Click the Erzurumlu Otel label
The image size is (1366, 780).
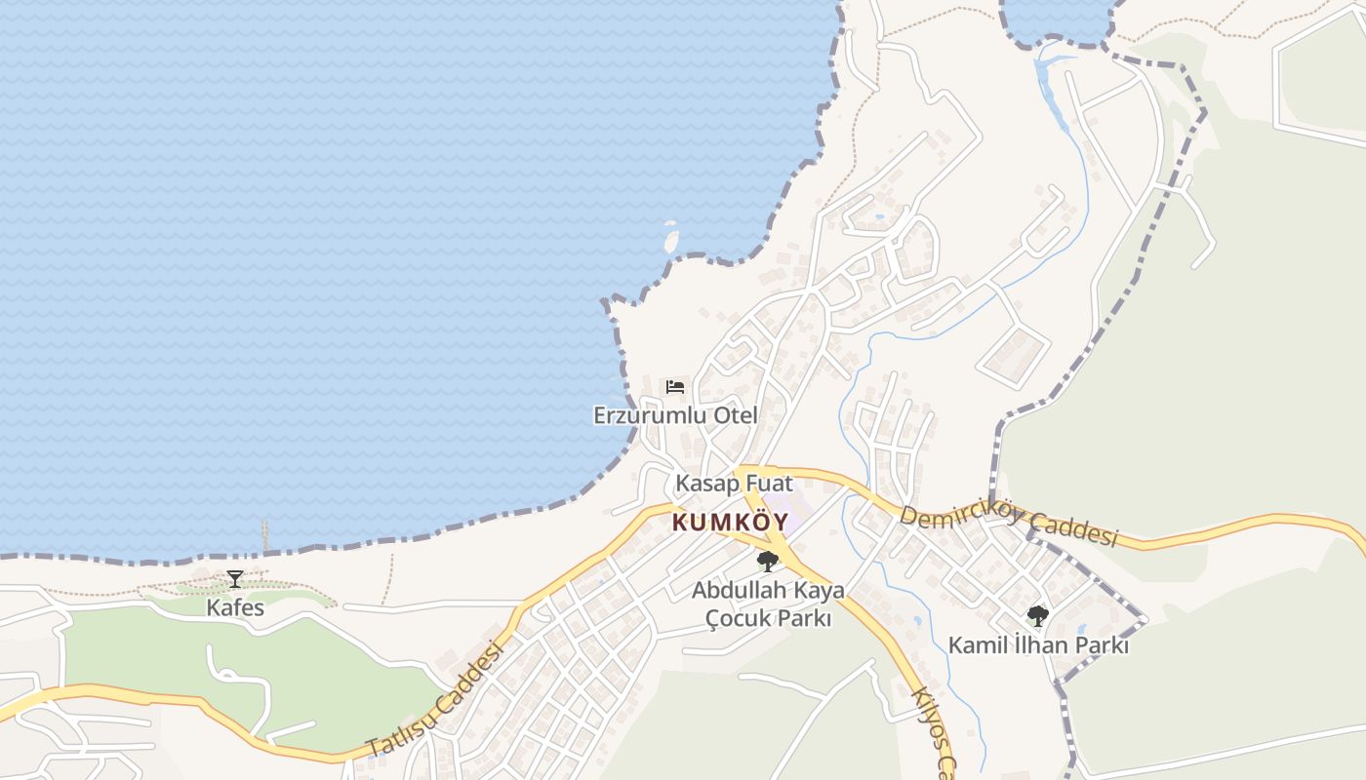point(675,415)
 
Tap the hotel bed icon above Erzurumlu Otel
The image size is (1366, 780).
point(675,387)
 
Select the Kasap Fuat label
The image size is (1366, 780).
point(734,483)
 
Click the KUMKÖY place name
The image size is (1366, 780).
point(730,523)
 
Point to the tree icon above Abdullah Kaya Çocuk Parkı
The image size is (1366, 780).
point(768,562)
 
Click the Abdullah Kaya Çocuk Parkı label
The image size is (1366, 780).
point(768,604)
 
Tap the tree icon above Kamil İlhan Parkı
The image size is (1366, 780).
point(1038,616)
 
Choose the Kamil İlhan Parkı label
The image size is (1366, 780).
point(1038,645)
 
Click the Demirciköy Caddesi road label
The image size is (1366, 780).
point(1007,526)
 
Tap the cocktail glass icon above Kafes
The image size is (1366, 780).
point(235,579)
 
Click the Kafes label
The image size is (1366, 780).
point(235,607)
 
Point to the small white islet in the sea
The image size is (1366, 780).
point(671,237)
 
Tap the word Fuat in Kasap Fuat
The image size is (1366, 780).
point(770,483)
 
